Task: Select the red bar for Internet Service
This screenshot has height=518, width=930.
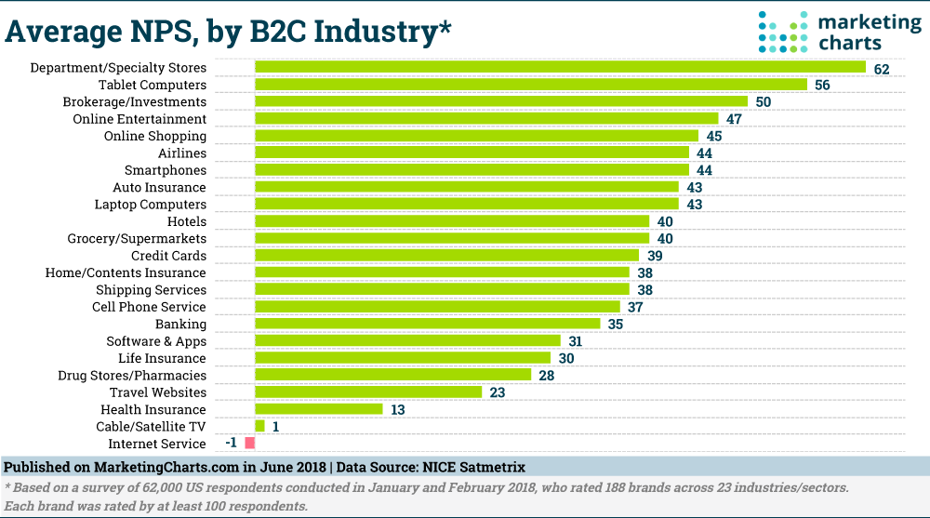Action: pyautogui.click(x=249, y=444)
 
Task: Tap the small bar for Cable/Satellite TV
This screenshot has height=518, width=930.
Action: pyautogui.click(x=259, y=426)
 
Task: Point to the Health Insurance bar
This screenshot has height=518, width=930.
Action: pyautogui.click(x=318, y=409)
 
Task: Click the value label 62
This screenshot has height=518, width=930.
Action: pyautogui.click(x=882, y=68)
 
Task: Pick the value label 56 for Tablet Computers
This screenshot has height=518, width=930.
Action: pyautogui.click(x=822, y=85)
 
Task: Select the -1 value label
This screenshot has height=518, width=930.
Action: pyautogui.click(x=232, y=444)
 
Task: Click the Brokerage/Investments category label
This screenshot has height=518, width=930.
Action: pyautogui.click(x=134, y=101)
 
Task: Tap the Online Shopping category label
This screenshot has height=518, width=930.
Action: pyautogui.click(x=155, y=136)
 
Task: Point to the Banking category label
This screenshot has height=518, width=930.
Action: pyautogui.click(x=180, y=324)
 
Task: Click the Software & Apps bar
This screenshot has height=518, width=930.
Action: pyautogui.click(x=407, y=341)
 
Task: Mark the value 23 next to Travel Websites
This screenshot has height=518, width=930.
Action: pyautogui.click(x=498, y=392)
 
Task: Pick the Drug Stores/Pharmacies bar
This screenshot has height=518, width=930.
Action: pyautogui.click(x=392, y=375)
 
